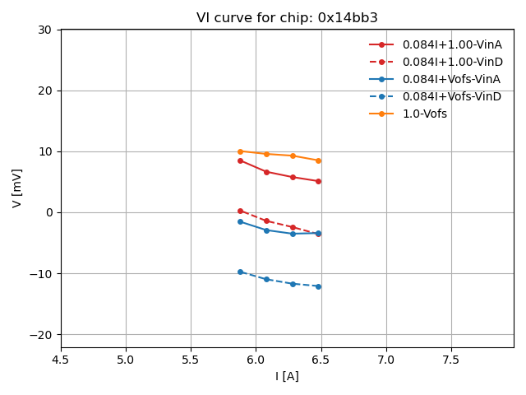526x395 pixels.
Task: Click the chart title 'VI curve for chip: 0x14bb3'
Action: coord(287,18)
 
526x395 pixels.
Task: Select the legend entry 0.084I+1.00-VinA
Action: coord(452,44)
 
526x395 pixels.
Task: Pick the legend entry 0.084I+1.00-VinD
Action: coord(452,62)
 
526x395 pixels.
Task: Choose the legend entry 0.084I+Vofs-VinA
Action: coord(451,79)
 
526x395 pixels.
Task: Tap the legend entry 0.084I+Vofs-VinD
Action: coord(451,96)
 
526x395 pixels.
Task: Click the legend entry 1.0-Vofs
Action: coord(425,114)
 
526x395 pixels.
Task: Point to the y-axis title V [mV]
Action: coord(17,188)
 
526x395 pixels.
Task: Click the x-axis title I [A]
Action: coord(287,376)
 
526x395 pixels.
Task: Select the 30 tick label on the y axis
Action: coord(44,30)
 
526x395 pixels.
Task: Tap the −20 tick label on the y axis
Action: coord(40,334)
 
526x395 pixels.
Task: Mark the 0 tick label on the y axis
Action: coord(48,212)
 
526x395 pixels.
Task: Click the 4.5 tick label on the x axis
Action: coord(61,359)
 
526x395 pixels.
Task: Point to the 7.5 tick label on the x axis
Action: coord(451,359)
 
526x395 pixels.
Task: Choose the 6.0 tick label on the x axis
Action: coord(256,359)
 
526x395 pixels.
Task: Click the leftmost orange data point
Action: coord(240,151)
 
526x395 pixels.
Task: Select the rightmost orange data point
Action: coord(318,160)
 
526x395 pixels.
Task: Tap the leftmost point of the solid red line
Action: coord(240,160)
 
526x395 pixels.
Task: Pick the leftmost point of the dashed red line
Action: coord(240,211)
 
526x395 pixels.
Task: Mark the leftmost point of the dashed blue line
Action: coord(240,272)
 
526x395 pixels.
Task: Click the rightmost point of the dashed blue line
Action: coord(318,286)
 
